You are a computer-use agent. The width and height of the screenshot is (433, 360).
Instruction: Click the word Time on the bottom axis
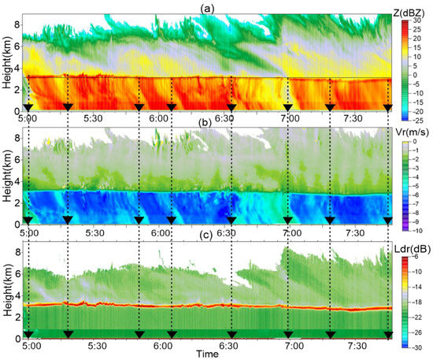pos(208,354)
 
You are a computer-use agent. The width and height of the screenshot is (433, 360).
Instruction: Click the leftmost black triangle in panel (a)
pos(28,106)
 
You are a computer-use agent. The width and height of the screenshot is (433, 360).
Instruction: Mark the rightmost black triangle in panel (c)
pos(388,334)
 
